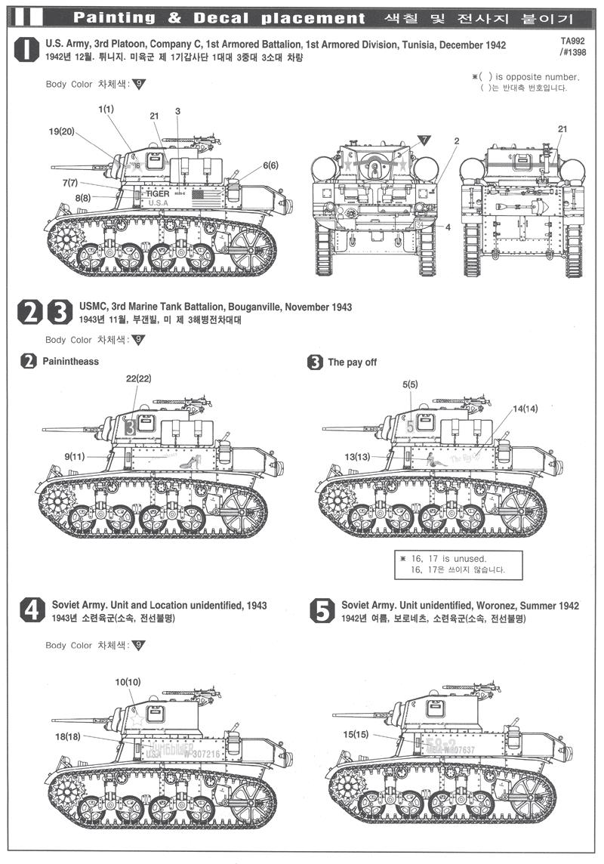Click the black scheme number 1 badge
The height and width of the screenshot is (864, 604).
[x=28, y=51]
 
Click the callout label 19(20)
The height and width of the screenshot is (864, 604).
[x=63, y=131]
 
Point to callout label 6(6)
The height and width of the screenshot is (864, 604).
[x=270, y=165]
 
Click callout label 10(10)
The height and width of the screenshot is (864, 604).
[x=128, y=682]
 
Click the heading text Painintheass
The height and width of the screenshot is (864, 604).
[x=71, y=362]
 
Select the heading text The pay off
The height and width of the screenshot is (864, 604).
[x=352, y=362]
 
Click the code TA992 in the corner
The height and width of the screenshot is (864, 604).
[x=572, y=45]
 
